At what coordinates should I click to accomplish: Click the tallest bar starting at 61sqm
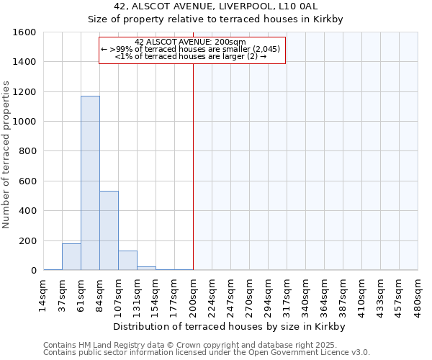(x=90, y=183)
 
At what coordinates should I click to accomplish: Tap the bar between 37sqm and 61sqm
(x=71, y=256)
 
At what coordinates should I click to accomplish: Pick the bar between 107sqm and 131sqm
(x=127, y=260)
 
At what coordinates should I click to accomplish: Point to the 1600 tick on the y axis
(x=26, y=32)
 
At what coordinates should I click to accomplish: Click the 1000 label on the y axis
(x=26, y=122)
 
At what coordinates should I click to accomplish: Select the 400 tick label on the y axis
(x=29, y=211)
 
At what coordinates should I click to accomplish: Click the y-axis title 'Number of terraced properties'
(x=6, y=155)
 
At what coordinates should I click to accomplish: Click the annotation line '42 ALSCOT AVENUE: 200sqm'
(x=192, y=42)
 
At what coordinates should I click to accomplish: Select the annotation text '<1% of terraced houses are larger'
(x=192, y=57)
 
